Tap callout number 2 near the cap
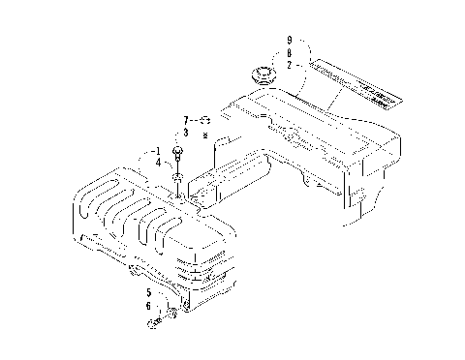[x=289, y=64]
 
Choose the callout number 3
[x=186, y=132]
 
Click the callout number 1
[x=156, y=152]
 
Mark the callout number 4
[x=156, y=164]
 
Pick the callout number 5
[x=149, y=291]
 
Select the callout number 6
[x=149, y=306]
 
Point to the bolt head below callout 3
[x=179, y=152]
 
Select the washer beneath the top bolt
[x=179, y=176]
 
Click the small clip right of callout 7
[x=206, y=120]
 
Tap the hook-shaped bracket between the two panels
[x=224, y=145]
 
